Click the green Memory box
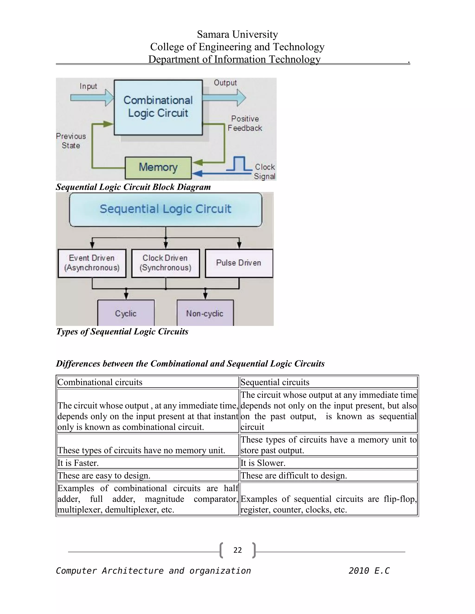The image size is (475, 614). tap(158, 168)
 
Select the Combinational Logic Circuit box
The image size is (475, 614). tap(158, 107)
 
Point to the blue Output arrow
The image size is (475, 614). tap(224, 98)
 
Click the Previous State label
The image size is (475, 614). tap(71, 141)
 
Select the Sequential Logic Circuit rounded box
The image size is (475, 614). tap(165, 209)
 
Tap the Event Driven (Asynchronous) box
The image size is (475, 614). tap(92, 263)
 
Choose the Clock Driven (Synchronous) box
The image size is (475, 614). tap(165, 263)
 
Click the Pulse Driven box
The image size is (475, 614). tap(239, 263)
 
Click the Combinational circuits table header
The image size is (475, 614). tap(100, 382)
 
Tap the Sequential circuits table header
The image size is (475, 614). tap(275, 382)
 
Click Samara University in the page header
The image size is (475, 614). tap(237, 34)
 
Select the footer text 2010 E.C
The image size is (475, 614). tap(369, 571)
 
